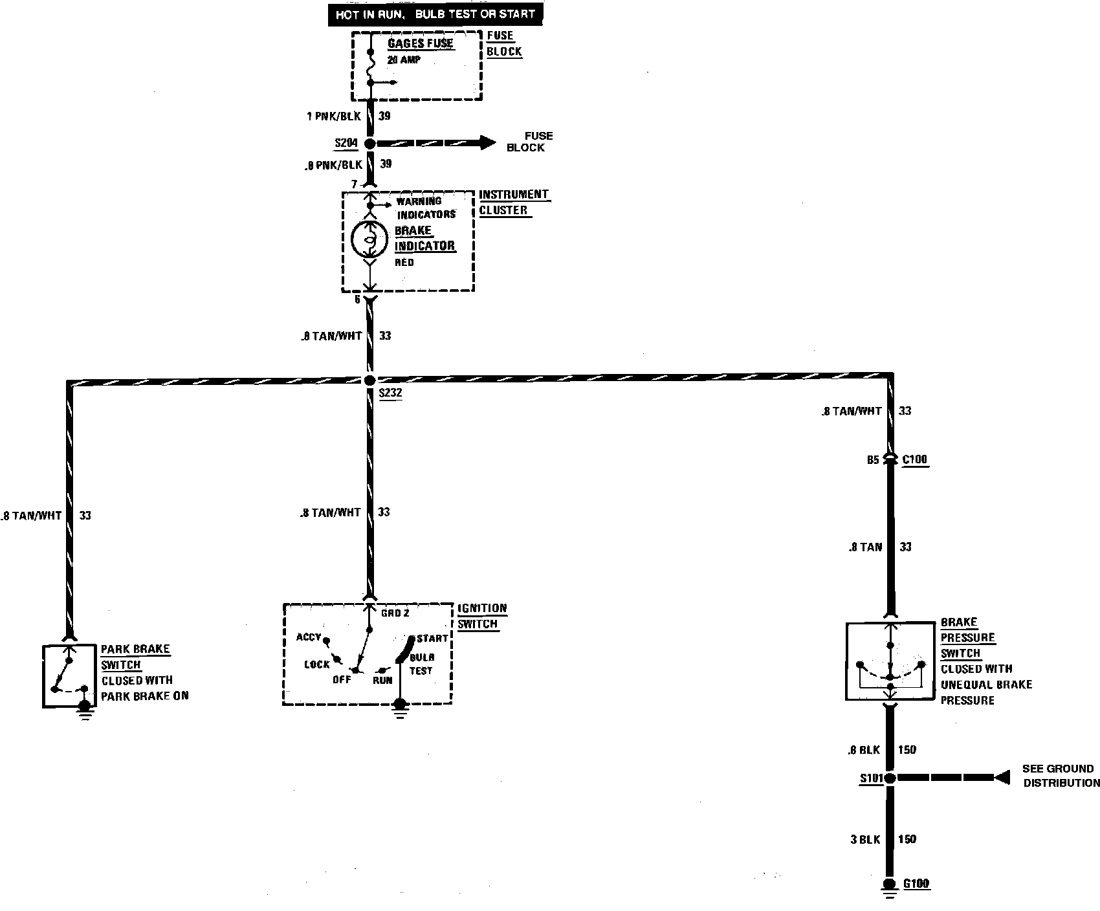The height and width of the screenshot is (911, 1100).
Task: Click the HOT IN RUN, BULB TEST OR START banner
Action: pos(435,14)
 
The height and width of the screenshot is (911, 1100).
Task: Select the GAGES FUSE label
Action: pos(421,44)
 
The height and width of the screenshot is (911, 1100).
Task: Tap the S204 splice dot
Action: pos(370,144)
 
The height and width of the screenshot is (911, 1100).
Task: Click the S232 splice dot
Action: pos(370,380)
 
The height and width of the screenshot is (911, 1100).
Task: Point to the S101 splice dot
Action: pos(890,778)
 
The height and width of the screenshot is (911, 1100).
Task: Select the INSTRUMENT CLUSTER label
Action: pos(514,203)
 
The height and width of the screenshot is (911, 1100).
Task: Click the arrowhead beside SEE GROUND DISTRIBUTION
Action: pos(1002,777)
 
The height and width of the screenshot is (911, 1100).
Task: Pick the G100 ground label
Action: pos(917,884)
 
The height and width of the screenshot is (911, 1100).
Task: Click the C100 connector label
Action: pos(915,460)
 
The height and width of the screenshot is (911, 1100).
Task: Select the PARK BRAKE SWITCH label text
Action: pos(135,657)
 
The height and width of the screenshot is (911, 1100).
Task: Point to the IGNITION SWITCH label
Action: pos(483,616)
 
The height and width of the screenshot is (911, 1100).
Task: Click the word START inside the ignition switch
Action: pos(432,639)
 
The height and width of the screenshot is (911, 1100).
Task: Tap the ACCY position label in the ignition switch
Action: pos(309,637)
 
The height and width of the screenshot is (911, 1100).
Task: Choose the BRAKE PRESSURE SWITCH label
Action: pos(967,638)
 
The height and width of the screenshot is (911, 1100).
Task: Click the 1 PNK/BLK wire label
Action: pos(333,116)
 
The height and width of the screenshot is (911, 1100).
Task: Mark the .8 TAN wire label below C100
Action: pos(866,547)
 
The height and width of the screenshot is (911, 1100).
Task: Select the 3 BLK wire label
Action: pos(866,840)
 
